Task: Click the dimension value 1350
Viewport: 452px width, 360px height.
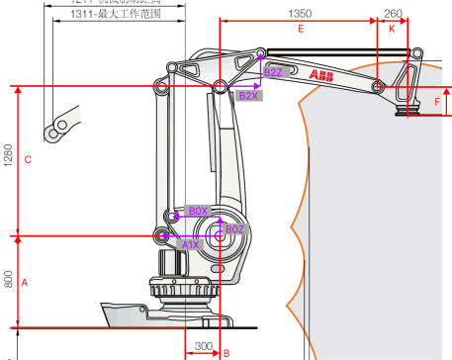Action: click(x=300, y=14)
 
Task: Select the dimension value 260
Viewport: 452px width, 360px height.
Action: click(x=393, y=14)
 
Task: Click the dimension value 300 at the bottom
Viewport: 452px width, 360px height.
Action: click(x=203, y=348)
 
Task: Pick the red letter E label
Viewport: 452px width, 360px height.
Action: click(x=300, y=30)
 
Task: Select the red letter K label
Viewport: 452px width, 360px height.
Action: click(x=392, y=30)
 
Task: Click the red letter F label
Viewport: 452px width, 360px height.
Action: click(x=438, y=102)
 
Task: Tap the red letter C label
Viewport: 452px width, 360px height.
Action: click(x=28, y=159)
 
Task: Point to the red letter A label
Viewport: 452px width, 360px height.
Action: click(x=25, y=282)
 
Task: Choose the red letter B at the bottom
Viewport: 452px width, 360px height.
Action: click(x=226, y=352)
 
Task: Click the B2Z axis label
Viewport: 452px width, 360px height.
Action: click(x=273, y=72)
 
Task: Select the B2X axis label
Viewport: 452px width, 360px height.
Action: click(x=249, y=96)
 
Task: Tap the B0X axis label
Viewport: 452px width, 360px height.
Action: click(x=199, y=212)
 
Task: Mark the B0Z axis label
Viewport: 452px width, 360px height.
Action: click(x=234, y=229)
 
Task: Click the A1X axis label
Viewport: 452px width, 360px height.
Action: click(x=191, y=243)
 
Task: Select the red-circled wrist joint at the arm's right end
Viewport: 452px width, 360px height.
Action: click(x=378, y=87)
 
